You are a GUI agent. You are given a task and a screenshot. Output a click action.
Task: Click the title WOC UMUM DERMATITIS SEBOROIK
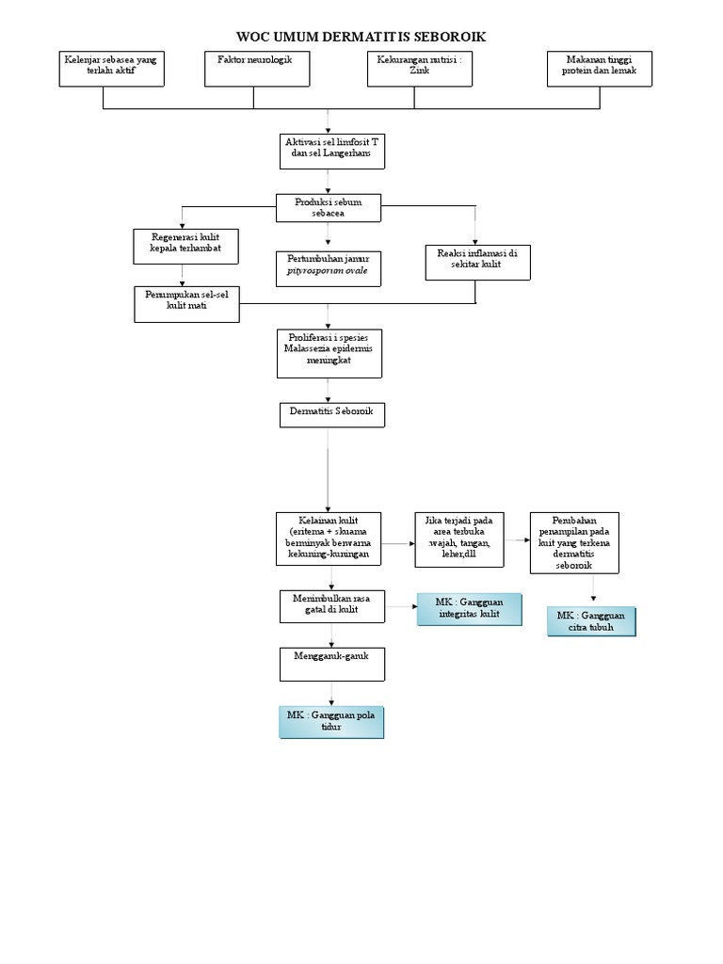tap(361, 36)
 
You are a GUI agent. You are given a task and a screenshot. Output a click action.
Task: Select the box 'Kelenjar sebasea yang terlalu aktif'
tap(111, 69)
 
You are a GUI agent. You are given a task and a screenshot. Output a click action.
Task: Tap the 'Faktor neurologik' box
tap(254, 69)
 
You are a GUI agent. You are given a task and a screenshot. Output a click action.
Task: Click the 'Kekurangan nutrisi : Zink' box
tap(418, 69)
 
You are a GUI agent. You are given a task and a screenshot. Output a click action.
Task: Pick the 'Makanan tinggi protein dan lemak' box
tap(600, 69)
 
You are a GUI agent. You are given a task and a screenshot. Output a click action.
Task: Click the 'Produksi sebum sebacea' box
tap(329, 207)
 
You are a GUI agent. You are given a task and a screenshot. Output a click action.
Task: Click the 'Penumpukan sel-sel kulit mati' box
tap(186, 304)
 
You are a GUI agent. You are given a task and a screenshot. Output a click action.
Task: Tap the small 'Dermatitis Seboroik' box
tap(330, 415)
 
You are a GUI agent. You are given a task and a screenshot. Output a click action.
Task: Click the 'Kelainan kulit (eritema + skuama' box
tap(329, 539)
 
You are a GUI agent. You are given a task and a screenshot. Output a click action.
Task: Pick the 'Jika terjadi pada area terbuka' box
tap(458, 539)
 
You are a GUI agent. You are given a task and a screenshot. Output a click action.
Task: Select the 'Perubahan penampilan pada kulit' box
tap(574, 542)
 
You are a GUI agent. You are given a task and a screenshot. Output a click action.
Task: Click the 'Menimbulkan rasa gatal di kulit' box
tap(331, 605)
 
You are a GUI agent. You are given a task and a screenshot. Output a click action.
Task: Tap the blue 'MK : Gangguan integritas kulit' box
tap(469, 609)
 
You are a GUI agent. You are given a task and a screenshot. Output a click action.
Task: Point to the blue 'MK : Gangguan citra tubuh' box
tap(592, 621)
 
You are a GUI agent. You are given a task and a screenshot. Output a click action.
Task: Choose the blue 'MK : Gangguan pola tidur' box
tap(331, 722)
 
